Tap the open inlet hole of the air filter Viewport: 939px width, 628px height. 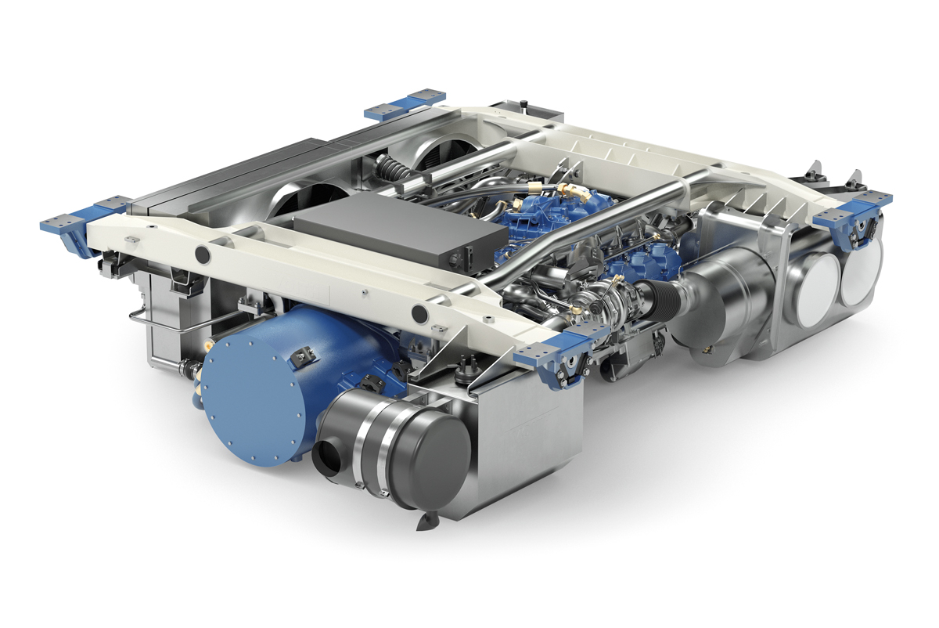(x=327, y=458)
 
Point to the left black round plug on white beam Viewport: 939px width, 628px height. (x=202, y=254)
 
